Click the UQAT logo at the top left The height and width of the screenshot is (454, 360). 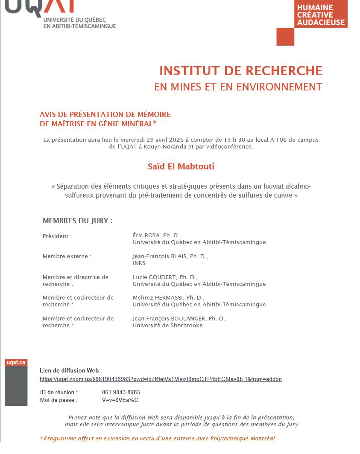pyautogui.click(x=60, y=13)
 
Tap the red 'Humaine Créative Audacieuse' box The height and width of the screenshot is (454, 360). pyautogui.click(x=321, y=14)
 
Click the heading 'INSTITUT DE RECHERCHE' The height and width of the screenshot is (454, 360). pyautogui.click(x=241, y=70)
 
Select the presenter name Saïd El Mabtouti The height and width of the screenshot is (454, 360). pyautogui.click(x=181, y=166)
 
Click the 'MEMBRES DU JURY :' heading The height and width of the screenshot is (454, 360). pyautogui.click(x=78, y=221)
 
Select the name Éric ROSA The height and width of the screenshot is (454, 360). pyautogui.click(x=147, y=236)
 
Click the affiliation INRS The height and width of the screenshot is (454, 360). pyautogui.click(x=139, y=263)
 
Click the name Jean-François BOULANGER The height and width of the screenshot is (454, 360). pyautogui.click(x=170, y=318)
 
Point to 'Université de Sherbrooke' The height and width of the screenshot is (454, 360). pyautogui.click(x=168, y=325)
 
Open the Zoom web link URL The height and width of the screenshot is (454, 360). pyautogui.click(x=161, y=379)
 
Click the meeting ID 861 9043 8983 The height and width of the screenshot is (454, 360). pyautogui.click(x=121, y=392)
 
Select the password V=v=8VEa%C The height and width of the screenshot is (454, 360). pyautogui.click(x=120, y=400)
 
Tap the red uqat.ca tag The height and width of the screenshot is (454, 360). pyautogui.click(x=16, y=363)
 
